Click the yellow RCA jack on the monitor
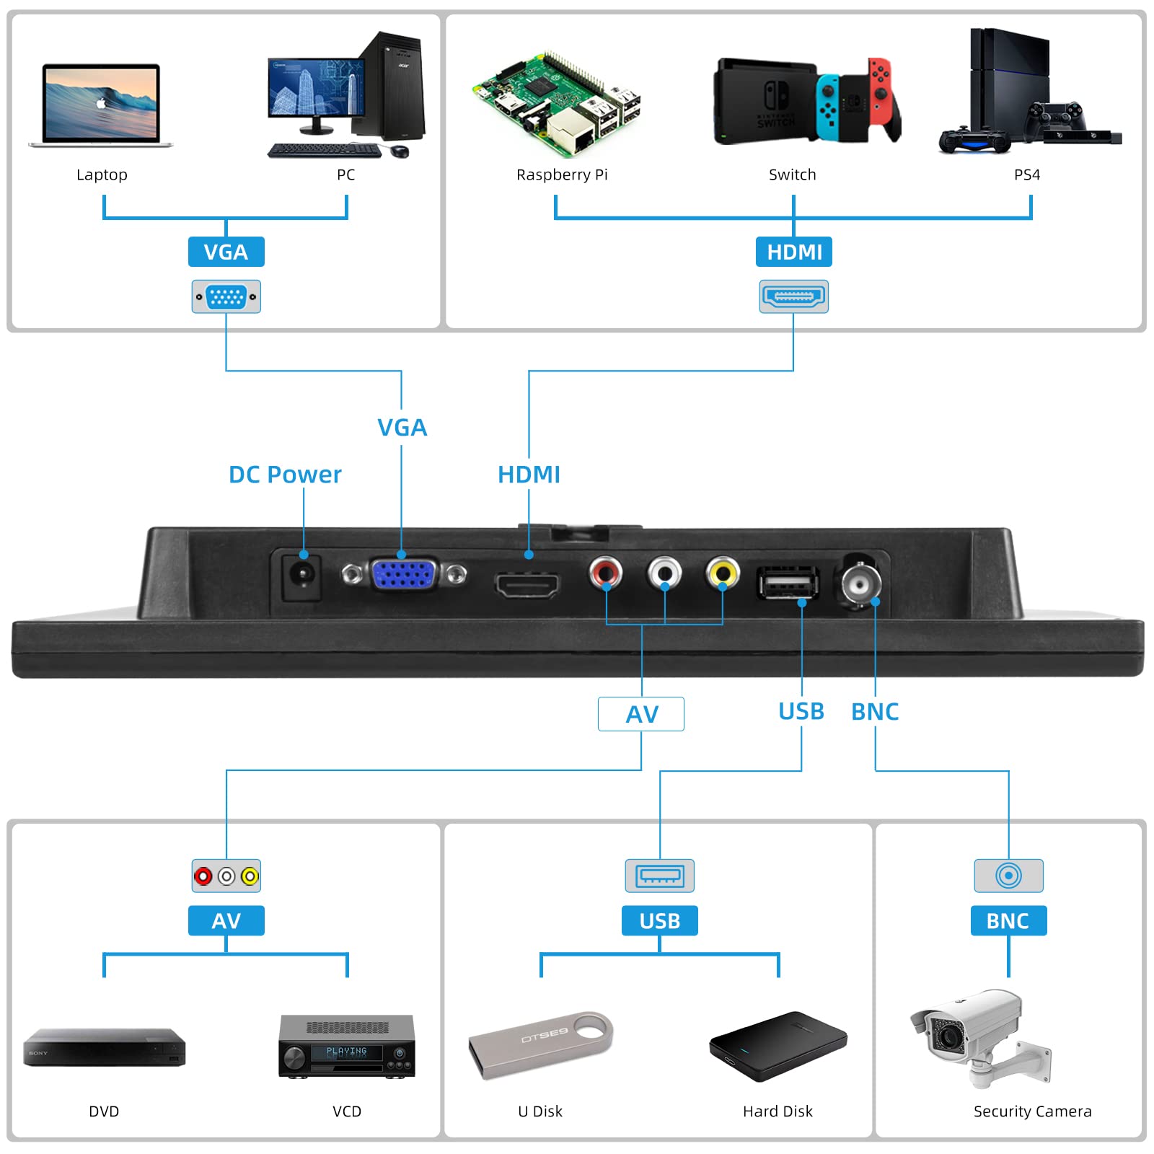(x=723, y=573)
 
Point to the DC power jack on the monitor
(x=302, y=575)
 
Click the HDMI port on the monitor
(x=527, y=584)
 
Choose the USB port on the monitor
(x=787, y=583)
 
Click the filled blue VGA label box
(x=226, y=252)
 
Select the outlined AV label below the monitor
(x=641, y=714)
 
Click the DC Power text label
(x=285, y=475)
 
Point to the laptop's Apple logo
(x=101, y=103)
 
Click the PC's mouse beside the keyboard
(x=400, y=151)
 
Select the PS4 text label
(x=1026, y=175)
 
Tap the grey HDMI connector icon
(x=793, y=296)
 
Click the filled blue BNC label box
(x=1008, y=921)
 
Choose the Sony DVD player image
(x=105, y=1047)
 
